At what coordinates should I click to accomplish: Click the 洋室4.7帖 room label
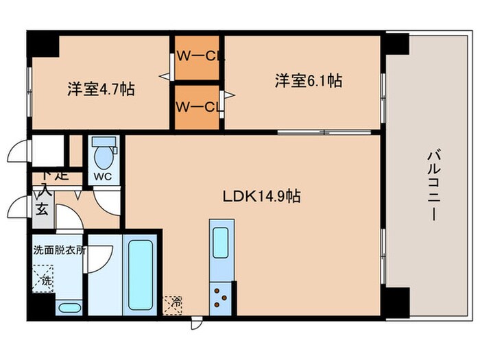click(100, 89)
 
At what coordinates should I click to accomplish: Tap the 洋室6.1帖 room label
click(309, 81)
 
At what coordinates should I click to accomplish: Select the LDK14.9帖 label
click(261, 196)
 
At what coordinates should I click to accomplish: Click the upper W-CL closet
click(197, 57)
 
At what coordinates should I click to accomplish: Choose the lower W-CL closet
click(197, 106)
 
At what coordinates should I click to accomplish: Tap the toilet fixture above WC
click(104, 155)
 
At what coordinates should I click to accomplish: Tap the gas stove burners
click(221, 297)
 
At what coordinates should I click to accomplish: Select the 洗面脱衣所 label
click(60, 250)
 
